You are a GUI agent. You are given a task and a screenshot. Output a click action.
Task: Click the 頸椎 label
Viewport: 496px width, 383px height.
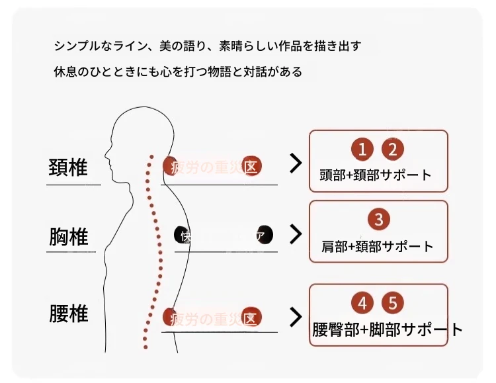(68, 167)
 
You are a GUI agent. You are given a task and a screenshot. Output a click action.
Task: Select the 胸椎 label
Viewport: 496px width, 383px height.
(68, 236)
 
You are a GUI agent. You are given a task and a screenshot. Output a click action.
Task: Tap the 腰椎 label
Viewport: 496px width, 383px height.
(68, 313)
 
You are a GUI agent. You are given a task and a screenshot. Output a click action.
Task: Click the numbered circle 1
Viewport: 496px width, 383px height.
(362, 149)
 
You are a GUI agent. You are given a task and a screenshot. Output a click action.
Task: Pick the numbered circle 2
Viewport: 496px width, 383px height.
(393, 149)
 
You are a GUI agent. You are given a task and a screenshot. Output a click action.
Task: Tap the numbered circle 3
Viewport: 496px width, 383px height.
(378, 219)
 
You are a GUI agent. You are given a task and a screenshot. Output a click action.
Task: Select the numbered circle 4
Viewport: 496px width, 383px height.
(362, 304)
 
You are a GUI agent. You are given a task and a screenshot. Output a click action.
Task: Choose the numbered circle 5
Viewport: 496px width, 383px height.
(393, 304)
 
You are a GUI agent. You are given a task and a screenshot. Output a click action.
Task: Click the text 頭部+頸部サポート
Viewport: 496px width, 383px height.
(375, 175)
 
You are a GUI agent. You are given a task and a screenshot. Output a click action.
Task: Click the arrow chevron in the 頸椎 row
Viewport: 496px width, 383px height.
(296, 164)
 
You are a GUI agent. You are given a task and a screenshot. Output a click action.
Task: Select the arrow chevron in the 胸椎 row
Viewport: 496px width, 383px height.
(296, 234)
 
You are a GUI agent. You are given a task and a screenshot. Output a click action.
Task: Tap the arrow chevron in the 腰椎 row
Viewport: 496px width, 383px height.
(296, 317)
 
